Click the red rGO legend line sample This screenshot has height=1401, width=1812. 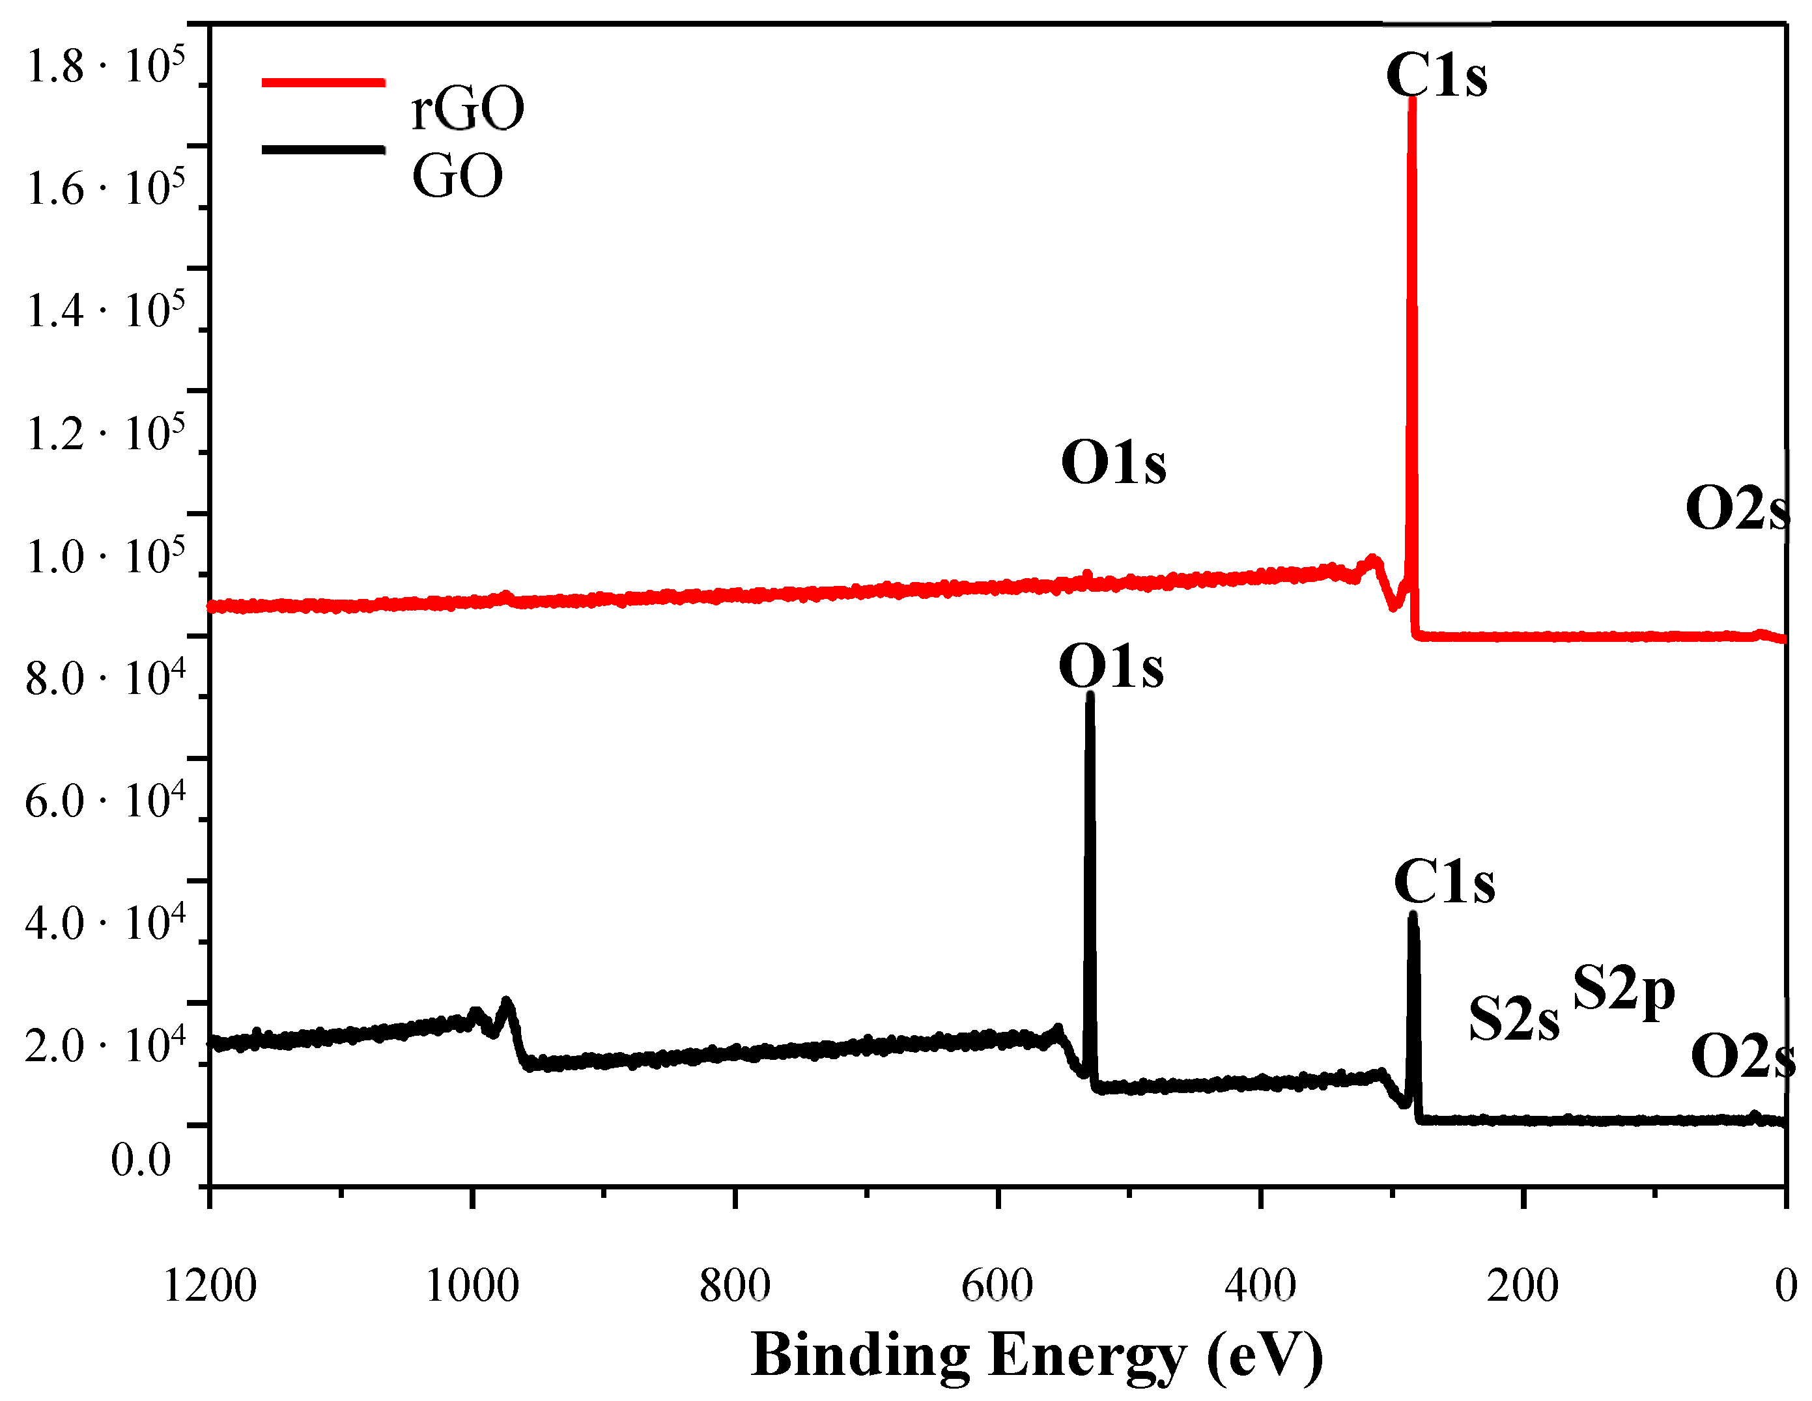[323, 82]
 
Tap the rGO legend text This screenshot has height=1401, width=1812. [467, 109]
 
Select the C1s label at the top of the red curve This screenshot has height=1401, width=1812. [1436, 76]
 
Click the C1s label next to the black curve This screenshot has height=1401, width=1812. [1445, 881]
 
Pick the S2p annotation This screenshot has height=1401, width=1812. [1623, 990]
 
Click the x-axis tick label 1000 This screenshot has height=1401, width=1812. [472, 1286]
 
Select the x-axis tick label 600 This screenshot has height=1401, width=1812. [997, 1286]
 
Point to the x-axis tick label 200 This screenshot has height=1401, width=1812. [1522, 1286]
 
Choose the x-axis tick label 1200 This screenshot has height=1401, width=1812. [210, 1286]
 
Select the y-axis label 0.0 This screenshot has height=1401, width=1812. [141, 1159]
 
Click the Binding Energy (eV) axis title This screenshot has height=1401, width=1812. [1037, 1355]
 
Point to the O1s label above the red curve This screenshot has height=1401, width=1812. [1113, 463]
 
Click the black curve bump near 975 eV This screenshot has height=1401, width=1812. [505, 1005]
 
